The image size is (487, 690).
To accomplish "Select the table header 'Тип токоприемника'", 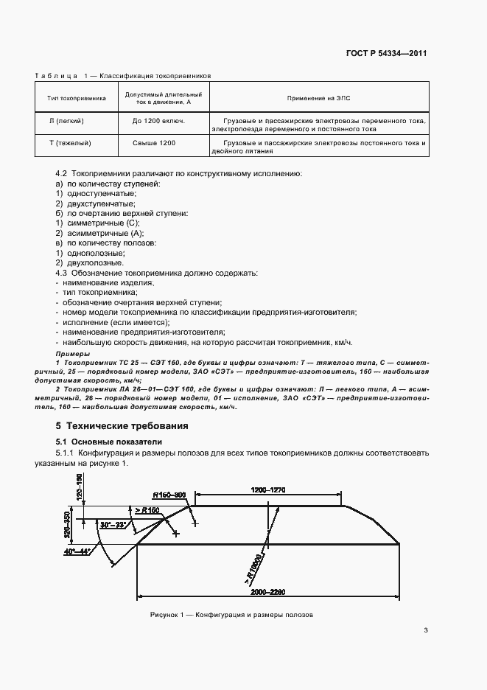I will (77, 97).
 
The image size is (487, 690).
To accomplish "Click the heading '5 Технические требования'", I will (122, 426).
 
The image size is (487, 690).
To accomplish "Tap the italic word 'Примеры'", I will (71, 355).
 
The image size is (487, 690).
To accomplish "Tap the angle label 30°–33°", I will (113, 525).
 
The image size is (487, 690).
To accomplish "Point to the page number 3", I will (426, 630).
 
